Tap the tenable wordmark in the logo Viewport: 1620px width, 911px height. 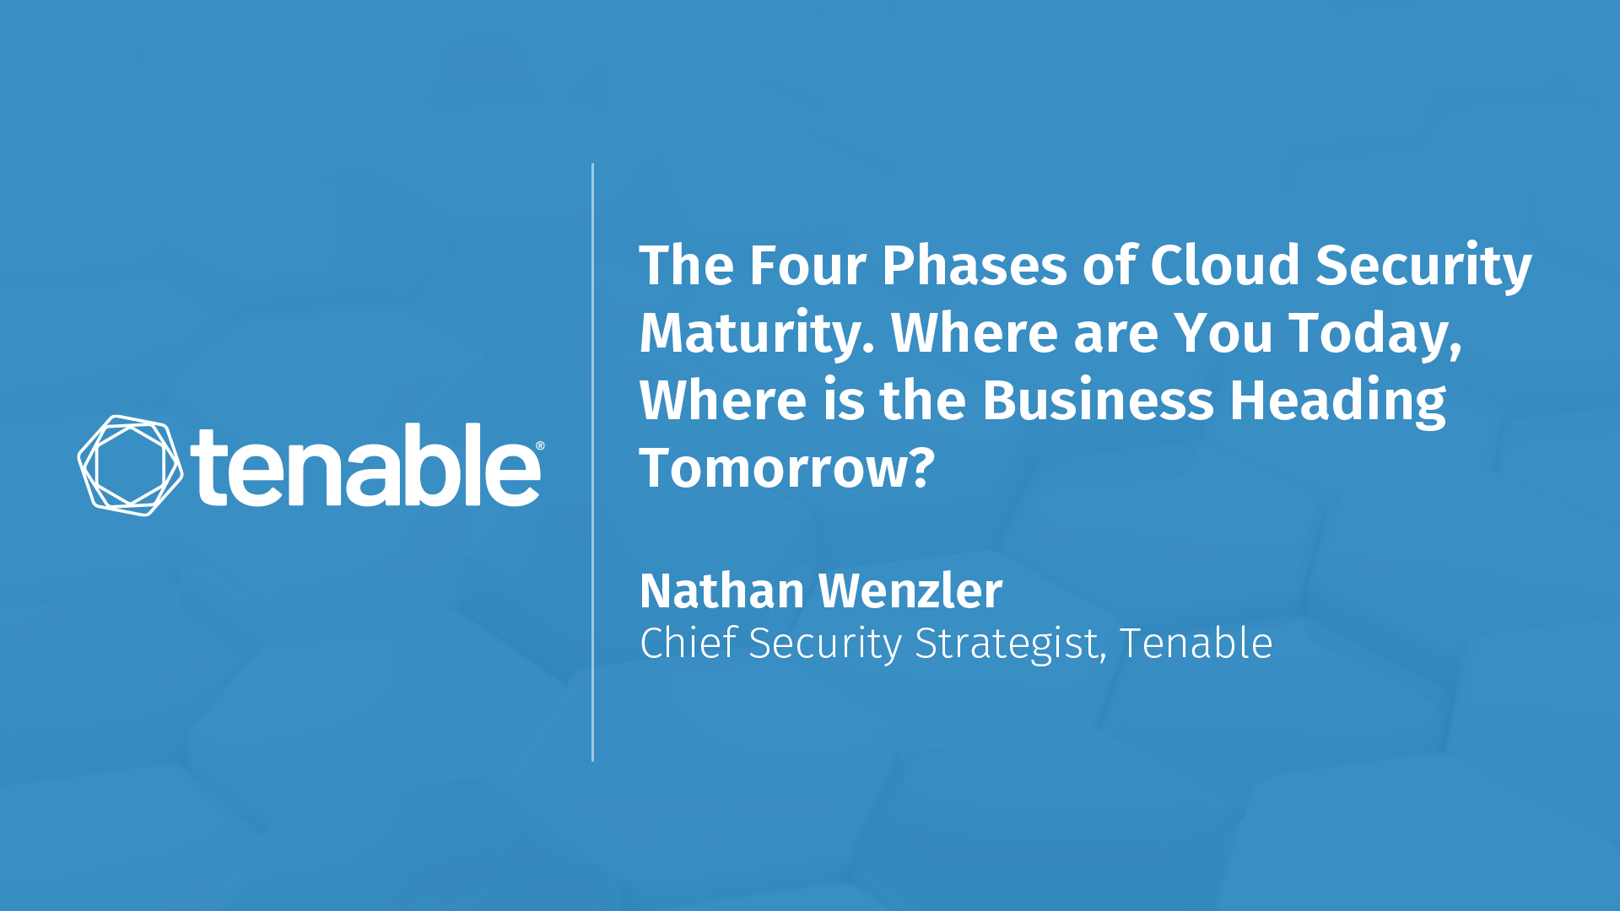365,465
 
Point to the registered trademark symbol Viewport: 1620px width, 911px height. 540,446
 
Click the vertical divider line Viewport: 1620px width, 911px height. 593,462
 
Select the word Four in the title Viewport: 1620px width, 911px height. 807,266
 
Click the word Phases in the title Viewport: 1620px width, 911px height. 975,266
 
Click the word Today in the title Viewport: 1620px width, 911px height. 1375,334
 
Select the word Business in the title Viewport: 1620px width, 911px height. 1098,401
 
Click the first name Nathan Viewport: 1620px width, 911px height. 721,590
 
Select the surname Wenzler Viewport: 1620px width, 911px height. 910,590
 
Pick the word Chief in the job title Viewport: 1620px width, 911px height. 688,644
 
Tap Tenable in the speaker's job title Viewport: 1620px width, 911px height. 1196,644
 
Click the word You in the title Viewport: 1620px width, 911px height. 1223,334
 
